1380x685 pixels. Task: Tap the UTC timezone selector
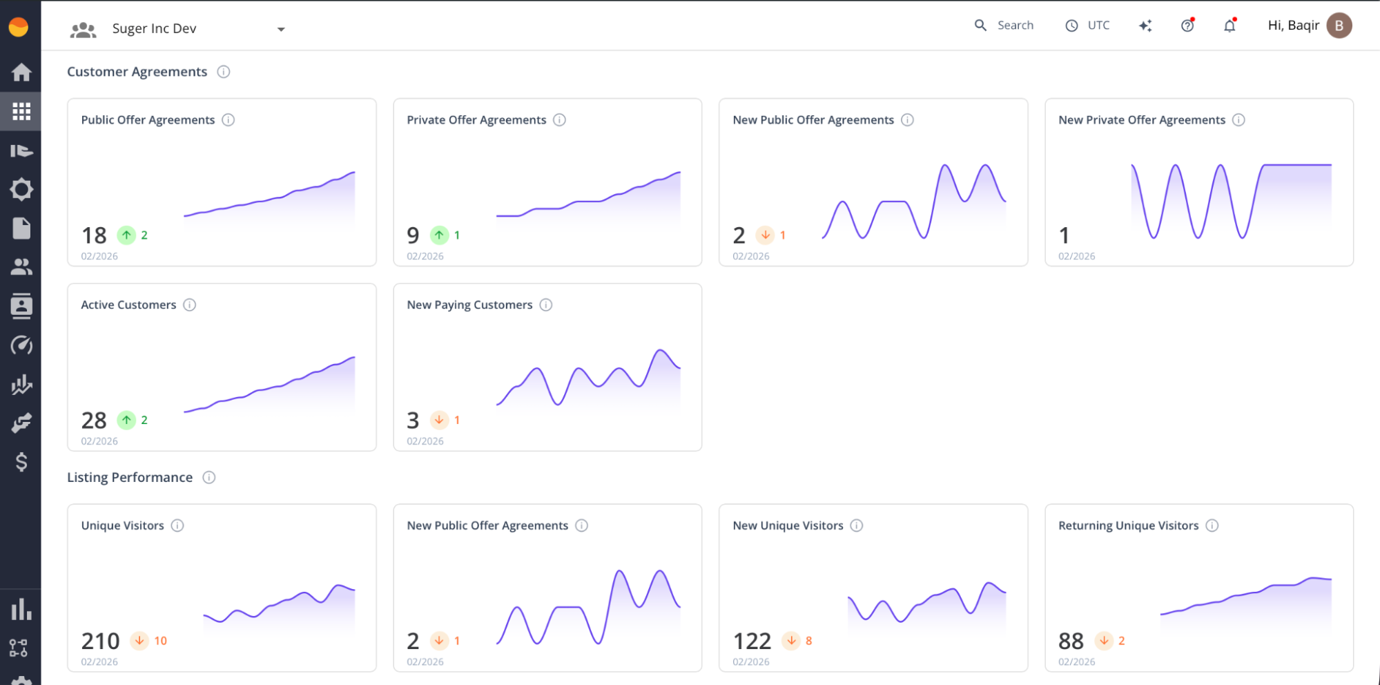pyautogui.click(x=1088, y=26)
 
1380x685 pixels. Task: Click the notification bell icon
pyautogui.click(x=1229, y=26)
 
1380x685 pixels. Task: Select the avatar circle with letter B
pyautogui.click(x=1339, y=26)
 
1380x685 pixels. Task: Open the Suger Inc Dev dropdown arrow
pyautogui.click(x=280, y=29)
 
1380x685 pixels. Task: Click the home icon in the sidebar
pyautogui.click(x=21, y=72)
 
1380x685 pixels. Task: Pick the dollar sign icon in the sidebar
pyautogui.click(x=21, y=461)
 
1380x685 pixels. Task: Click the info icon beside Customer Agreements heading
pyautogui.click(x=223, y=72)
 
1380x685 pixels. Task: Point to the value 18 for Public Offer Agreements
pyautogui.click(x=94, y=235)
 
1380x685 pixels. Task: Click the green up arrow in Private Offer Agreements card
pyautogui.click(x=439, y=235)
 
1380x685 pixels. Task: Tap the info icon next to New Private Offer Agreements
pyautogui.click(x=1238, y=120)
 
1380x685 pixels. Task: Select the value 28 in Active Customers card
pyautogui.click(x=94, y=421)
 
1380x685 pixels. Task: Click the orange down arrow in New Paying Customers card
pyautogui.click(x=439, y=420)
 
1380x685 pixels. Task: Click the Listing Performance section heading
pyautogui.click(x=130, y=478)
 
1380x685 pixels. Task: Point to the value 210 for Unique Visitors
pyautogui.click(x=101, y=641)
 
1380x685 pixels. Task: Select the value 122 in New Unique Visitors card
pyautogui.click(x=752, y=641)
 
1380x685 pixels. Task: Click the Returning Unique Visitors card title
pyautogui.click(x=1128, y=525)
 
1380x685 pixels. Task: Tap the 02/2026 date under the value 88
pyautogui.click(x=1076, y=662)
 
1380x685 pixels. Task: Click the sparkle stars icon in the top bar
pyautogui.click(x=1145, y=26)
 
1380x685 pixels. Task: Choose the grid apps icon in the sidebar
pyautogui.click(x=21, y=111)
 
